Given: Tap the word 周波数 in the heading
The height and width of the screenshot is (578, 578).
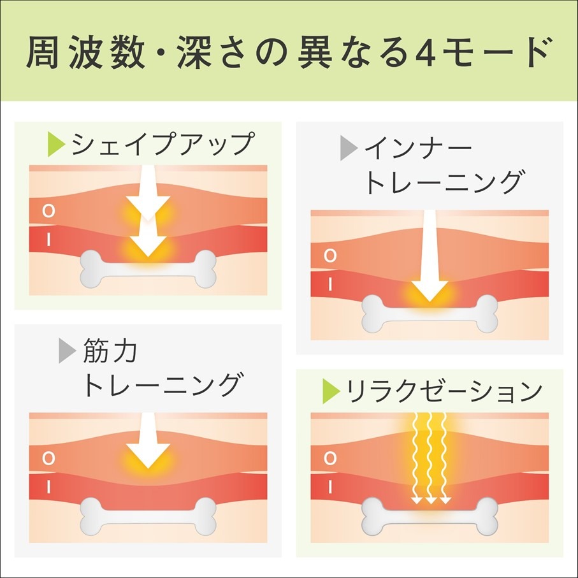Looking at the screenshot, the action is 85,52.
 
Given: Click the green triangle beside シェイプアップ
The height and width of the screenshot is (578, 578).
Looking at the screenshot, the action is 57,144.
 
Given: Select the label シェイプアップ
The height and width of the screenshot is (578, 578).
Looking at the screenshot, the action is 163,144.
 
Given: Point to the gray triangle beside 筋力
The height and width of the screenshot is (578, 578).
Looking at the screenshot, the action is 68,351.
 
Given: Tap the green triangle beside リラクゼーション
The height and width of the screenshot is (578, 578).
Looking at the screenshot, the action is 331,391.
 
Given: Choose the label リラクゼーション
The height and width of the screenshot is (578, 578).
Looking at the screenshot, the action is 444,391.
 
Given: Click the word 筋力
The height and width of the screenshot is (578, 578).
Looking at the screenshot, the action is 110,350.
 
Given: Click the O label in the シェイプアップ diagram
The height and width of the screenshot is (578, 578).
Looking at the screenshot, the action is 48,211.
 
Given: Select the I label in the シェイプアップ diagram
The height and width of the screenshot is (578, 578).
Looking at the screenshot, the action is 48,240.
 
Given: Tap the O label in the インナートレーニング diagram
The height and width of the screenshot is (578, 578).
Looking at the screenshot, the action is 330,256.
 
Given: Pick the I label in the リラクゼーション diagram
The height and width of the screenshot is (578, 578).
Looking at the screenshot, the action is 330,488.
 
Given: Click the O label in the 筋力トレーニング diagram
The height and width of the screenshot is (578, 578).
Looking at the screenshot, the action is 48,458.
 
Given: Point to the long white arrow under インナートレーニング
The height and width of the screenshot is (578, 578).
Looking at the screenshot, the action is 430,256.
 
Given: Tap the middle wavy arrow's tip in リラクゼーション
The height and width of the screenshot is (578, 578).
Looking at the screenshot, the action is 431,503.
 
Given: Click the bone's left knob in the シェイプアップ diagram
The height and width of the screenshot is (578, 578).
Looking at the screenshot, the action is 91,269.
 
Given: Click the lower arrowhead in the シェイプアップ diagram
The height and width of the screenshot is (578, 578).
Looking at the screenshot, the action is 148,246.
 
